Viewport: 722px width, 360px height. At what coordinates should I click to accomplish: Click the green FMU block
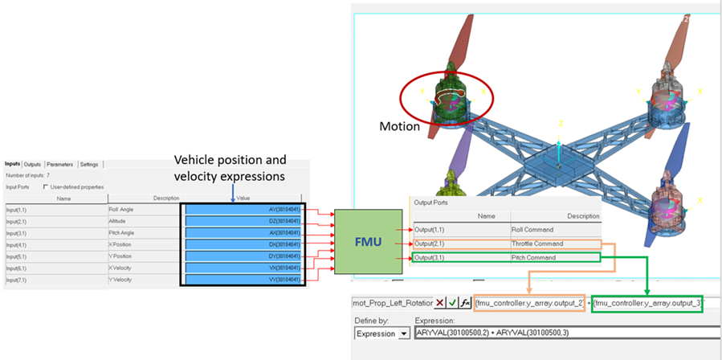click(x=366, y=242)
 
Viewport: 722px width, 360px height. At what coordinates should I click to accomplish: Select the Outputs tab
click(x=32, y=164)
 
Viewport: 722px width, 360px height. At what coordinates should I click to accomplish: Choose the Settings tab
click(x=88, y=164)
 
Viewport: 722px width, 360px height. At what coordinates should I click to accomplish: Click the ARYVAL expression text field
click(x=562, y=333)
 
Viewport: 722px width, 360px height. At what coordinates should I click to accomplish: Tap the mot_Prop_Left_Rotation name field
click(x=391, y=304)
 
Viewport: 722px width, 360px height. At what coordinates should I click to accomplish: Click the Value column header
click(x=243, y=197)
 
